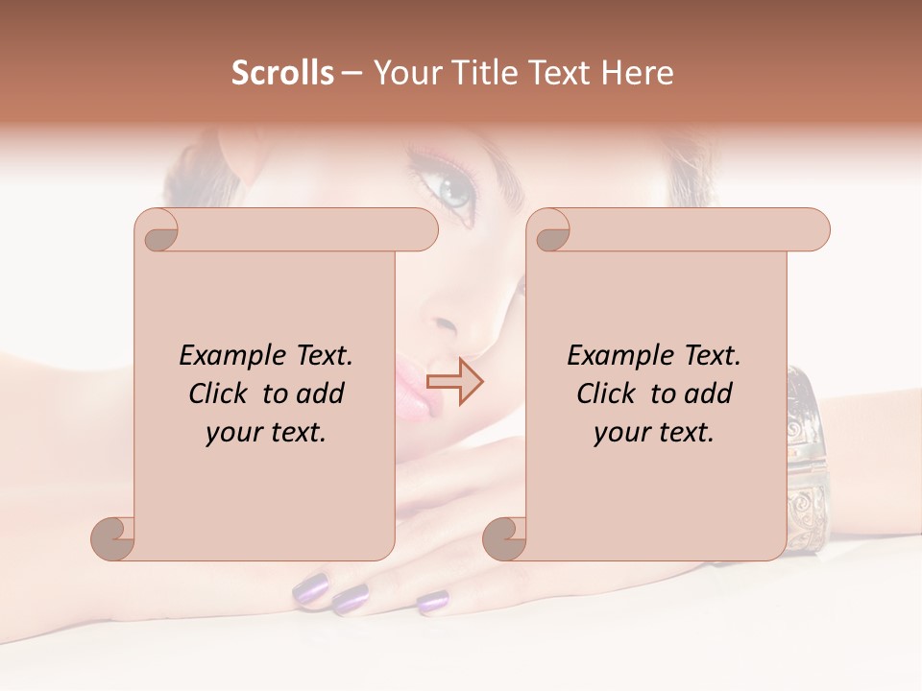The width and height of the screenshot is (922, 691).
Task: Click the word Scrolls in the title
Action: [x=283, y=73]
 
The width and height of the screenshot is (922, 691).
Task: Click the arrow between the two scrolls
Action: [x=455, y=381]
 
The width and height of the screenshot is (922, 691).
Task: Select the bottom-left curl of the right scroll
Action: [x=506, y=538]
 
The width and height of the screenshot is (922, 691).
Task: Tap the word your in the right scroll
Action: [x=620, y=433]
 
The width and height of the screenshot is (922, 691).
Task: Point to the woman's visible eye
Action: [x=452, y=187]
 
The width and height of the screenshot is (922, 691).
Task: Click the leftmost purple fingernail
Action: [x=312, y=588]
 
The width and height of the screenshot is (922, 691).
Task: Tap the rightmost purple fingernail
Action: [x=432, y=602]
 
